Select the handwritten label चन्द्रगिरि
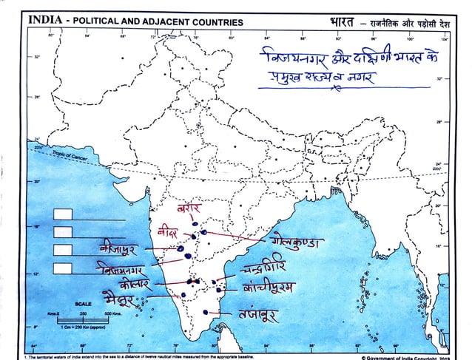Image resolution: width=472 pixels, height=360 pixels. pyautogui.click(x=273, y=269)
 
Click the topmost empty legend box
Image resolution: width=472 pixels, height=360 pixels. pyautogui.click(x=64, y=214)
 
